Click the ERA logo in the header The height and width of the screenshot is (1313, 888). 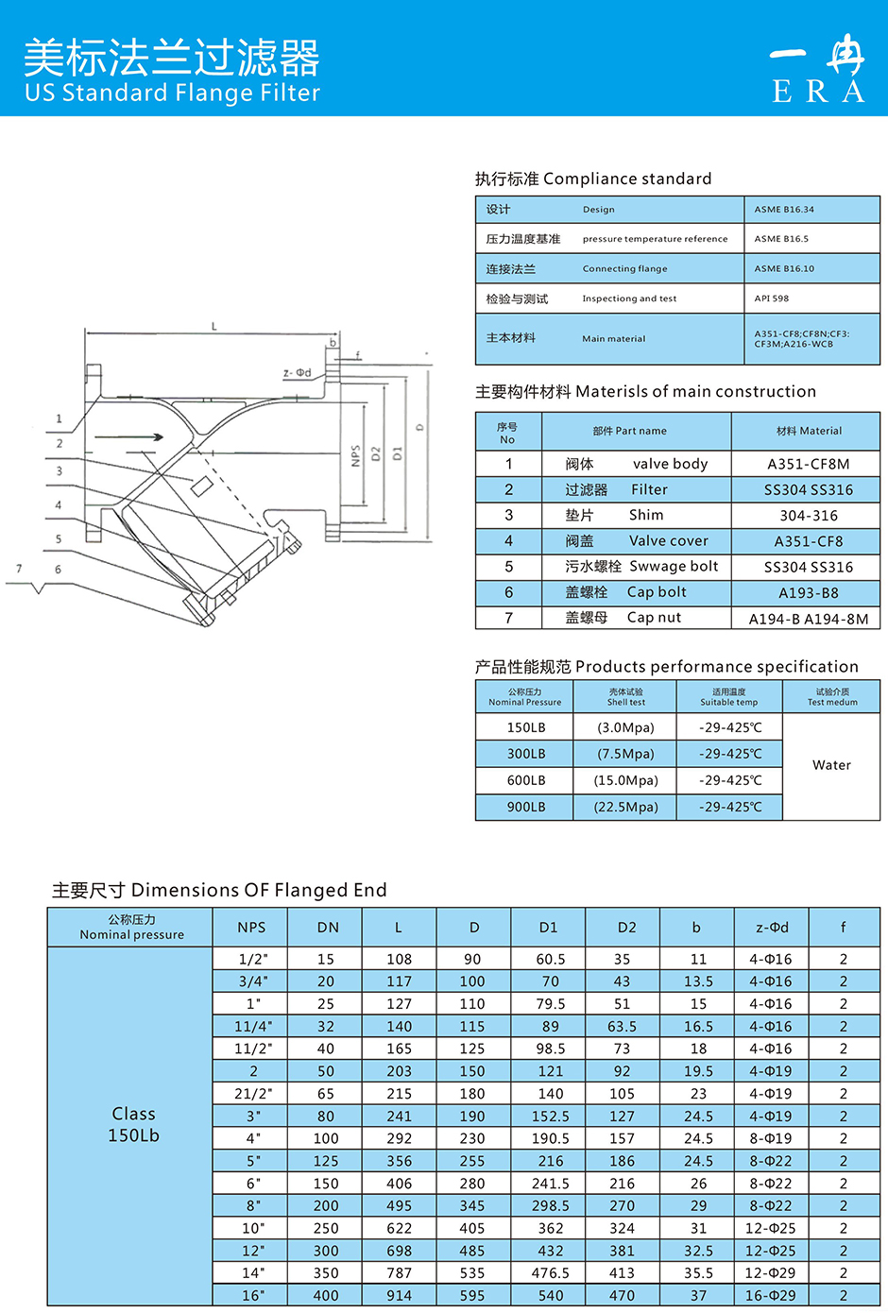pos(818,69)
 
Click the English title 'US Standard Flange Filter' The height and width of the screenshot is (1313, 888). pos(173,93)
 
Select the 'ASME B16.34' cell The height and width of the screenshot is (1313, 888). pos(784,210)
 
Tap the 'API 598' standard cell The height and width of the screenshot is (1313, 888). pos(772,298)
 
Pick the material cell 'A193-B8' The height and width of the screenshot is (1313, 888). pos(808,593)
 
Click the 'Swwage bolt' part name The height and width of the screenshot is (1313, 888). pos(674,566)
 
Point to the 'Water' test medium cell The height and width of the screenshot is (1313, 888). pos(831,765)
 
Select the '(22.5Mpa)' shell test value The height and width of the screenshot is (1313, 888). pos(625,807)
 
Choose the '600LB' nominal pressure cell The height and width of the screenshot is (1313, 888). pos(526,780)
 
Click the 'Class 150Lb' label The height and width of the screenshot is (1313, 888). pos(133,1124)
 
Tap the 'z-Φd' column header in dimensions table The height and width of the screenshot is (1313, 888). pos(772,928)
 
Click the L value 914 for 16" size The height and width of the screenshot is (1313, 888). pos(399,1296)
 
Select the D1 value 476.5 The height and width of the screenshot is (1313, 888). pos(550,1273)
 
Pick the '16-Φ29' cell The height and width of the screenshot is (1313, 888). pos(771,1296)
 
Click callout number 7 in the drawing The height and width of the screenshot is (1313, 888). pos(19,569)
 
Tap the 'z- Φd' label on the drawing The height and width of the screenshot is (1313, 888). pos(297,373)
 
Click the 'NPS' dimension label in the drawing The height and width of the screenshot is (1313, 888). pos(355,455)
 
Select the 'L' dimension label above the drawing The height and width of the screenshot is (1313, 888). pos(214,327)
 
